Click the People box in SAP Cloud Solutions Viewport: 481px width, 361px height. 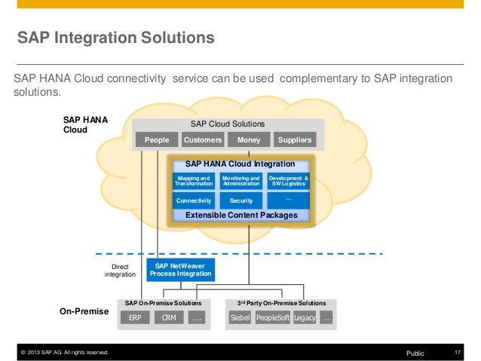click(156, 140)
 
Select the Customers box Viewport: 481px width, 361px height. click(202, 140)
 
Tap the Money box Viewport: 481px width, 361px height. click(248, 140)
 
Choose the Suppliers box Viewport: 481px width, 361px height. click(294, 140)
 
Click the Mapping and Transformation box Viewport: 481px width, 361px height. click(194, 181)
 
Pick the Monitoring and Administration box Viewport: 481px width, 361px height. click(240, 181)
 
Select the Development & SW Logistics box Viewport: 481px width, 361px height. click(288, 181)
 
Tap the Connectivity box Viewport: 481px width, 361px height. click(194, 201)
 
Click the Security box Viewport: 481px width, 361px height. click(240, 201)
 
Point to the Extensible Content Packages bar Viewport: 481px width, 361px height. click(241, 216)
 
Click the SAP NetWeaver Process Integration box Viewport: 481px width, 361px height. click(180, 270)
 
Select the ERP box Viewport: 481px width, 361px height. click(135, 318)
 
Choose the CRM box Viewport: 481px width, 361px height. click(169, 318)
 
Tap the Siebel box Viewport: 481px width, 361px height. click(240, 318)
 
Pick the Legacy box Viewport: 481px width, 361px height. click(305, 318)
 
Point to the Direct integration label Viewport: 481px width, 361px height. click(120, 271)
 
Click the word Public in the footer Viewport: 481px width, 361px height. click(415, 352)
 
